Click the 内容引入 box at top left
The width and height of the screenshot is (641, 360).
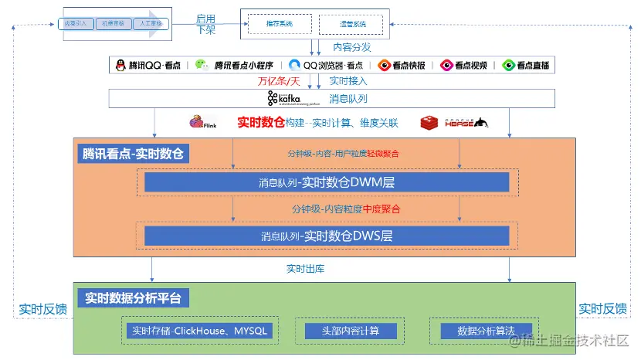click(x=75, y=23)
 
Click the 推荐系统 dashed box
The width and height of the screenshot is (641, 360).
click(x=280, y=25)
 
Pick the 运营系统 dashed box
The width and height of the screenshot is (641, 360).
click(x=352, y=25)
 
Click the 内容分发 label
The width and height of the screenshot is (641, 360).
click(x=351, y=47)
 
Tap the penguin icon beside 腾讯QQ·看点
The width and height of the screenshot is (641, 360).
click(x=120, y=66)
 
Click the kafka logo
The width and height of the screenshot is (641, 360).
click(x=283, y=98)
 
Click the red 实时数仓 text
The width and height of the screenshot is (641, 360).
click(x=261, y=122)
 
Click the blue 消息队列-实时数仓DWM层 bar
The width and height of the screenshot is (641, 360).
click(x=327, y=182)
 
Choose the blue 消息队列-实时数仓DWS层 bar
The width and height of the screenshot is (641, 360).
click(x=327, y=236)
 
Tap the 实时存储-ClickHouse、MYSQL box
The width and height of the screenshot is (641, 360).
click(x=199, y=331)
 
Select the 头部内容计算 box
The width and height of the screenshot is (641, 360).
click(x=351, y=331)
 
